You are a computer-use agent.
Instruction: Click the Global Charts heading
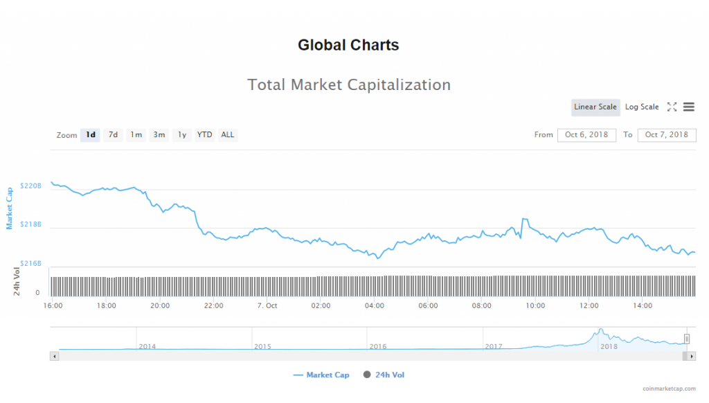pyautogui.click(x=348, y=46)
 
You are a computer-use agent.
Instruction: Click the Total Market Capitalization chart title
pyautogui.click(x=349, y=85)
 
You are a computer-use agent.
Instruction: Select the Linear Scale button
pyautogui.click(x=595, y=107)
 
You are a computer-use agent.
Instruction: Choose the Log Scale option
pyautogui.click(x=642, y=107)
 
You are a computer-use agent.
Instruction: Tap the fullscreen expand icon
pyautogui.click(x=672, y=107)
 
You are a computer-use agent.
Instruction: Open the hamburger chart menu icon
pyautogui.click(x=688, y=107)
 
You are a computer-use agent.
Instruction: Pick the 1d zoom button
pyautogui.click(x=90, y=135)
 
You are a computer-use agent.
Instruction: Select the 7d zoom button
pyautogui.click(x=113, y=135)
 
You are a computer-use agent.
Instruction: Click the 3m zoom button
pyautogui.click(x=159, y=135)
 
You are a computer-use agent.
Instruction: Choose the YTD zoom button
pyautogui.click(x=204, y=135)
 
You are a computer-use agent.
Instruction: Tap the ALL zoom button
pyautogui.click(x=227, y=135)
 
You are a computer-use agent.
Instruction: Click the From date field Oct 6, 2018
pyautogui.click(x=586, y=135)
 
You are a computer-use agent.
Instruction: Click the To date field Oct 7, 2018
pyautogui.click(x=666, y=135)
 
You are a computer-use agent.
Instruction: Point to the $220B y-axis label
pyautogui.click(x=31, y=186)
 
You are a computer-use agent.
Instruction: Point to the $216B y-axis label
pyautogui.click(x=31, y=264)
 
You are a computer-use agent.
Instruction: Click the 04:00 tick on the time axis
pyautogui.click(x=375, y=305)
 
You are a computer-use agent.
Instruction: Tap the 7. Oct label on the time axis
pyautogui.click(x=267, y=305)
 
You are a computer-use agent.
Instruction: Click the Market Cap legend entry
pyautogui.click(x=322, y=375)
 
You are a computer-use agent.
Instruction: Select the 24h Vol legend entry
pyautogui.click(x=384, y=375)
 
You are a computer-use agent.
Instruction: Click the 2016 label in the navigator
pyautogui.click(x=378, y=346)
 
